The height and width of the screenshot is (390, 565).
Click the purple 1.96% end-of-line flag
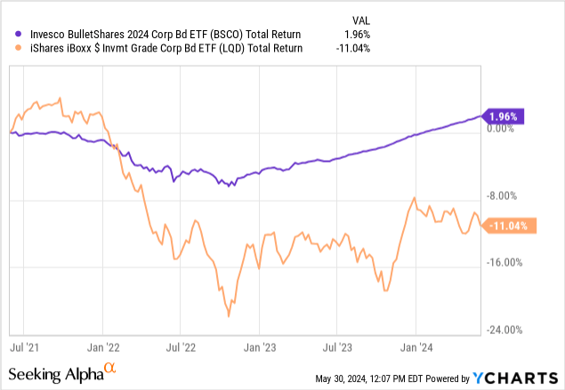click(x=504, y=115)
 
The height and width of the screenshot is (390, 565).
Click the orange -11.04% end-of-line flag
click(x=507, y=226)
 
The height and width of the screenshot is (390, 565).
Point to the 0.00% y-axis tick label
click(x=504, y=129)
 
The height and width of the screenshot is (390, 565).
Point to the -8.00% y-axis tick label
click(x=504, y=196)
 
